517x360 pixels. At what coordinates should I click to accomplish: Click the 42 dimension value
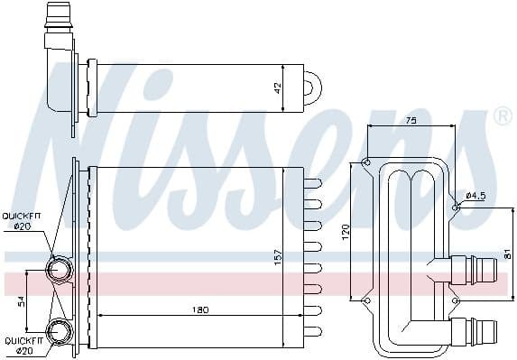click(x=279, y=88)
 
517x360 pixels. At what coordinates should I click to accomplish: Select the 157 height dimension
click(x=279, y=255)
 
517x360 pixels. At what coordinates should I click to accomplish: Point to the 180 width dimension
click(x=201, y=309)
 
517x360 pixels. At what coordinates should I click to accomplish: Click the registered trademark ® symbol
click(x=502, y=117)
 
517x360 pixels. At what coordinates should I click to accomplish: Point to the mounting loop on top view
click(x=311, y=88)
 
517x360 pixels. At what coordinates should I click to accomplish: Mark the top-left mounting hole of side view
click(x=365, y=162)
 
